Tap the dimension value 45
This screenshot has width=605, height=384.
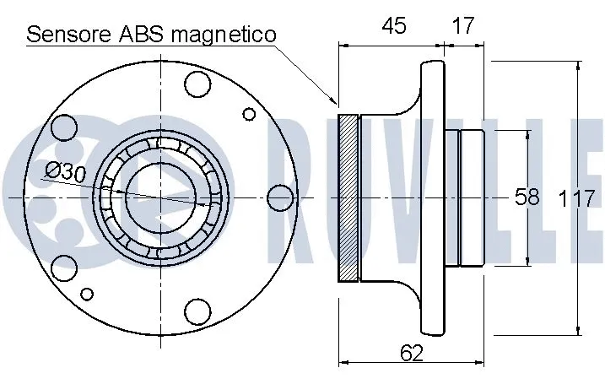tap(392, 26)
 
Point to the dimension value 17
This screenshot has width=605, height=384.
tap(462, 26)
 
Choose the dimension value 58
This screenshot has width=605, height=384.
tap(527, 197)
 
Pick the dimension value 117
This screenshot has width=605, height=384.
tap(577, 199)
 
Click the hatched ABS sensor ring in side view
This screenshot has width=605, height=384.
tap(348, 197)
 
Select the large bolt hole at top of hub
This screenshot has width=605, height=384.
tap(197, 84)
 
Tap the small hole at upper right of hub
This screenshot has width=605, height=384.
tap(249, 114)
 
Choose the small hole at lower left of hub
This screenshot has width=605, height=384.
tap(86, 294)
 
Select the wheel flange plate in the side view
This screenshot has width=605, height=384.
tap(432, 197)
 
